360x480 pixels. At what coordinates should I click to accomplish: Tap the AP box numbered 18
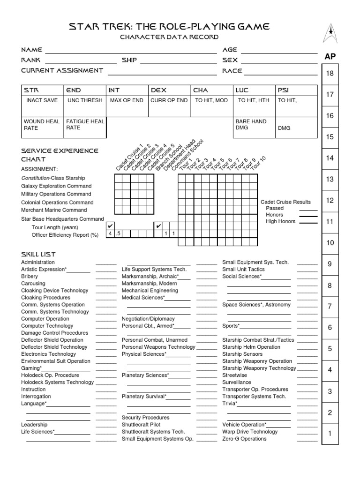[x=330, y=73]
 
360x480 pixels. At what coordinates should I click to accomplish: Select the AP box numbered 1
[x=330, y=434]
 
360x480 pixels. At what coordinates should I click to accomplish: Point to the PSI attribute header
[x=284, y=90]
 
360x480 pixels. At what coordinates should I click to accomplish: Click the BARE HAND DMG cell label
[x=251, y=124]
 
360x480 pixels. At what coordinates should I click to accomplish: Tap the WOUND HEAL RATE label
[x=42, y=124]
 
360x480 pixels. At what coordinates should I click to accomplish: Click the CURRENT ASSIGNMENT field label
[x=62, y=70]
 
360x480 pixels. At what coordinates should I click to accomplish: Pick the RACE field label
[x=232, y=71]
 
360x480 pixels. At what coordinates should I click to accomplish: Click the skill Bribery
[x=30, y=277]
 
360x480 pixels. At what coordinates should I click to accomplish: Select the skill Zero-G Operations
[x=244, y=439]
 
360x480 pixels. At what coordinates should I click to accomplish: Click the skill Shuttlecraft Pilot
[x=141, y=425]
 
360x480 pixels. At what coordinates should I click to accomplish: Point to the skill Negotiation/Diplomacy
[x=148, y=319]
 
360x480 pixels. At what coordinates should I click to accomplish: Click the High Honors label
[x=281, y=221]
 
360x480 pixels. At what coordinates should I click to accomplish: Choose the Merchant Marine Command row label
[x=54, y=210]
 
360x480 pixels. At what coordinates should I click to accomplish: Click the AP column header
[x=330, y=57]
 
